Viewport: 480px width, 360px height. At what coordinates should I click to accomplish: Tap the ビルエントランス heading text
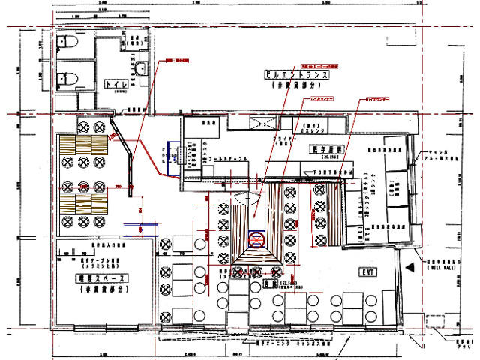(298, 76)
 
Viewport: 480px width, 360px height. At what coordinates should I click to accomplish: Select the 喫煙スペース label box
(102, 277)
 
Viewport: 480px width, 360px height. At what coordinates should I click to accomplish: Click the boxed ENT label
(367, 271)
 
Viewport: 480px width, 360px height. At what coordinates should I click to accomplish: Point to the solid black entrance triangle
(409, 266)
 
